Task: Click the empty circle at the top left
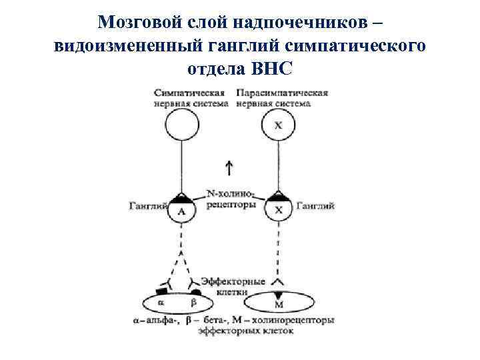[181, 125]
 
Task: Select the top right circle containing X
[279, 125]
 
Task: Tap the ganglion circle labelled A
[181, 210]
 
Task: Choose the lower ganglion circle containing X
[279, 210]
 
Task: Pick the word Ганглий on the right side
[315, 206]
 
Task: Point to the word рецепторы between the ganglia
[231, 205]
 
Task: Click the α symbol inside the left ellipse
[160, 303]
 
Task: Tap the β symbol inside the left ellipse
[194, 303]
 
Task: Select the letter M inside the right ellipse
[279, 305]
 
